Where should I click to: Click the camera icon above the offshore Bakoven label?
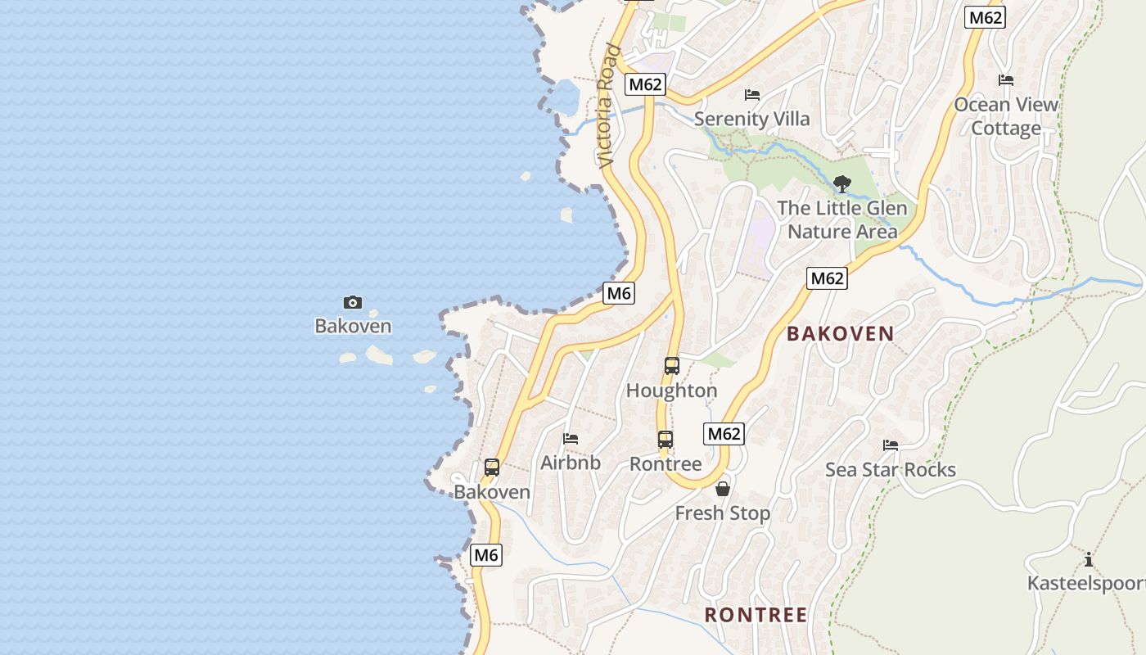353,303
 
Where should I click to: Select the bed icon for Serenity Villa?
752,95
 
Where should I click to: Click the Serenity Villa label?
751,119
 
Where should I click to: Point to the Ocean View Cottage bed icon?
1006,80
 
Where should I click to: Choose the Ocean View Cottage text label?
1006,116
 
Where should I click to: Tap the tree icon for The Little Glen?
841,184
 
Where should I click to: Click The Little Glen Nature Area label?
842,220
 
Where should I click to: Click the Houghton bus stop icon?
672,366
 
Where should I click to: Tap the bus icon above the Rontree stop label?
665,440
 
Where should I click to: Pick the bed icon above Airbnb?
571,439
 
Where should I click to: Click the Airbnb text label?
571,463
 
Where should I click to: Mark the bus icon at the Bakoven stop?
492,468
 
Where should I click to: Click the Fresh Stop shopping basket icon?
723,490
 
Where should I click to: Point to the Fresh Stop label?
723,513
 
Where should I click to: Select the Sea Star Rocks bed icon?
891,445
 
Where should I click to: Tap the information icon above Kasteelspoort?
1089,560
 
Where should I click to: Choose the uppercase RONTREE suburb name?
756,615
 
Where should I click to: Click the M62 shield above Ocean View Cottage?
985,18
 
